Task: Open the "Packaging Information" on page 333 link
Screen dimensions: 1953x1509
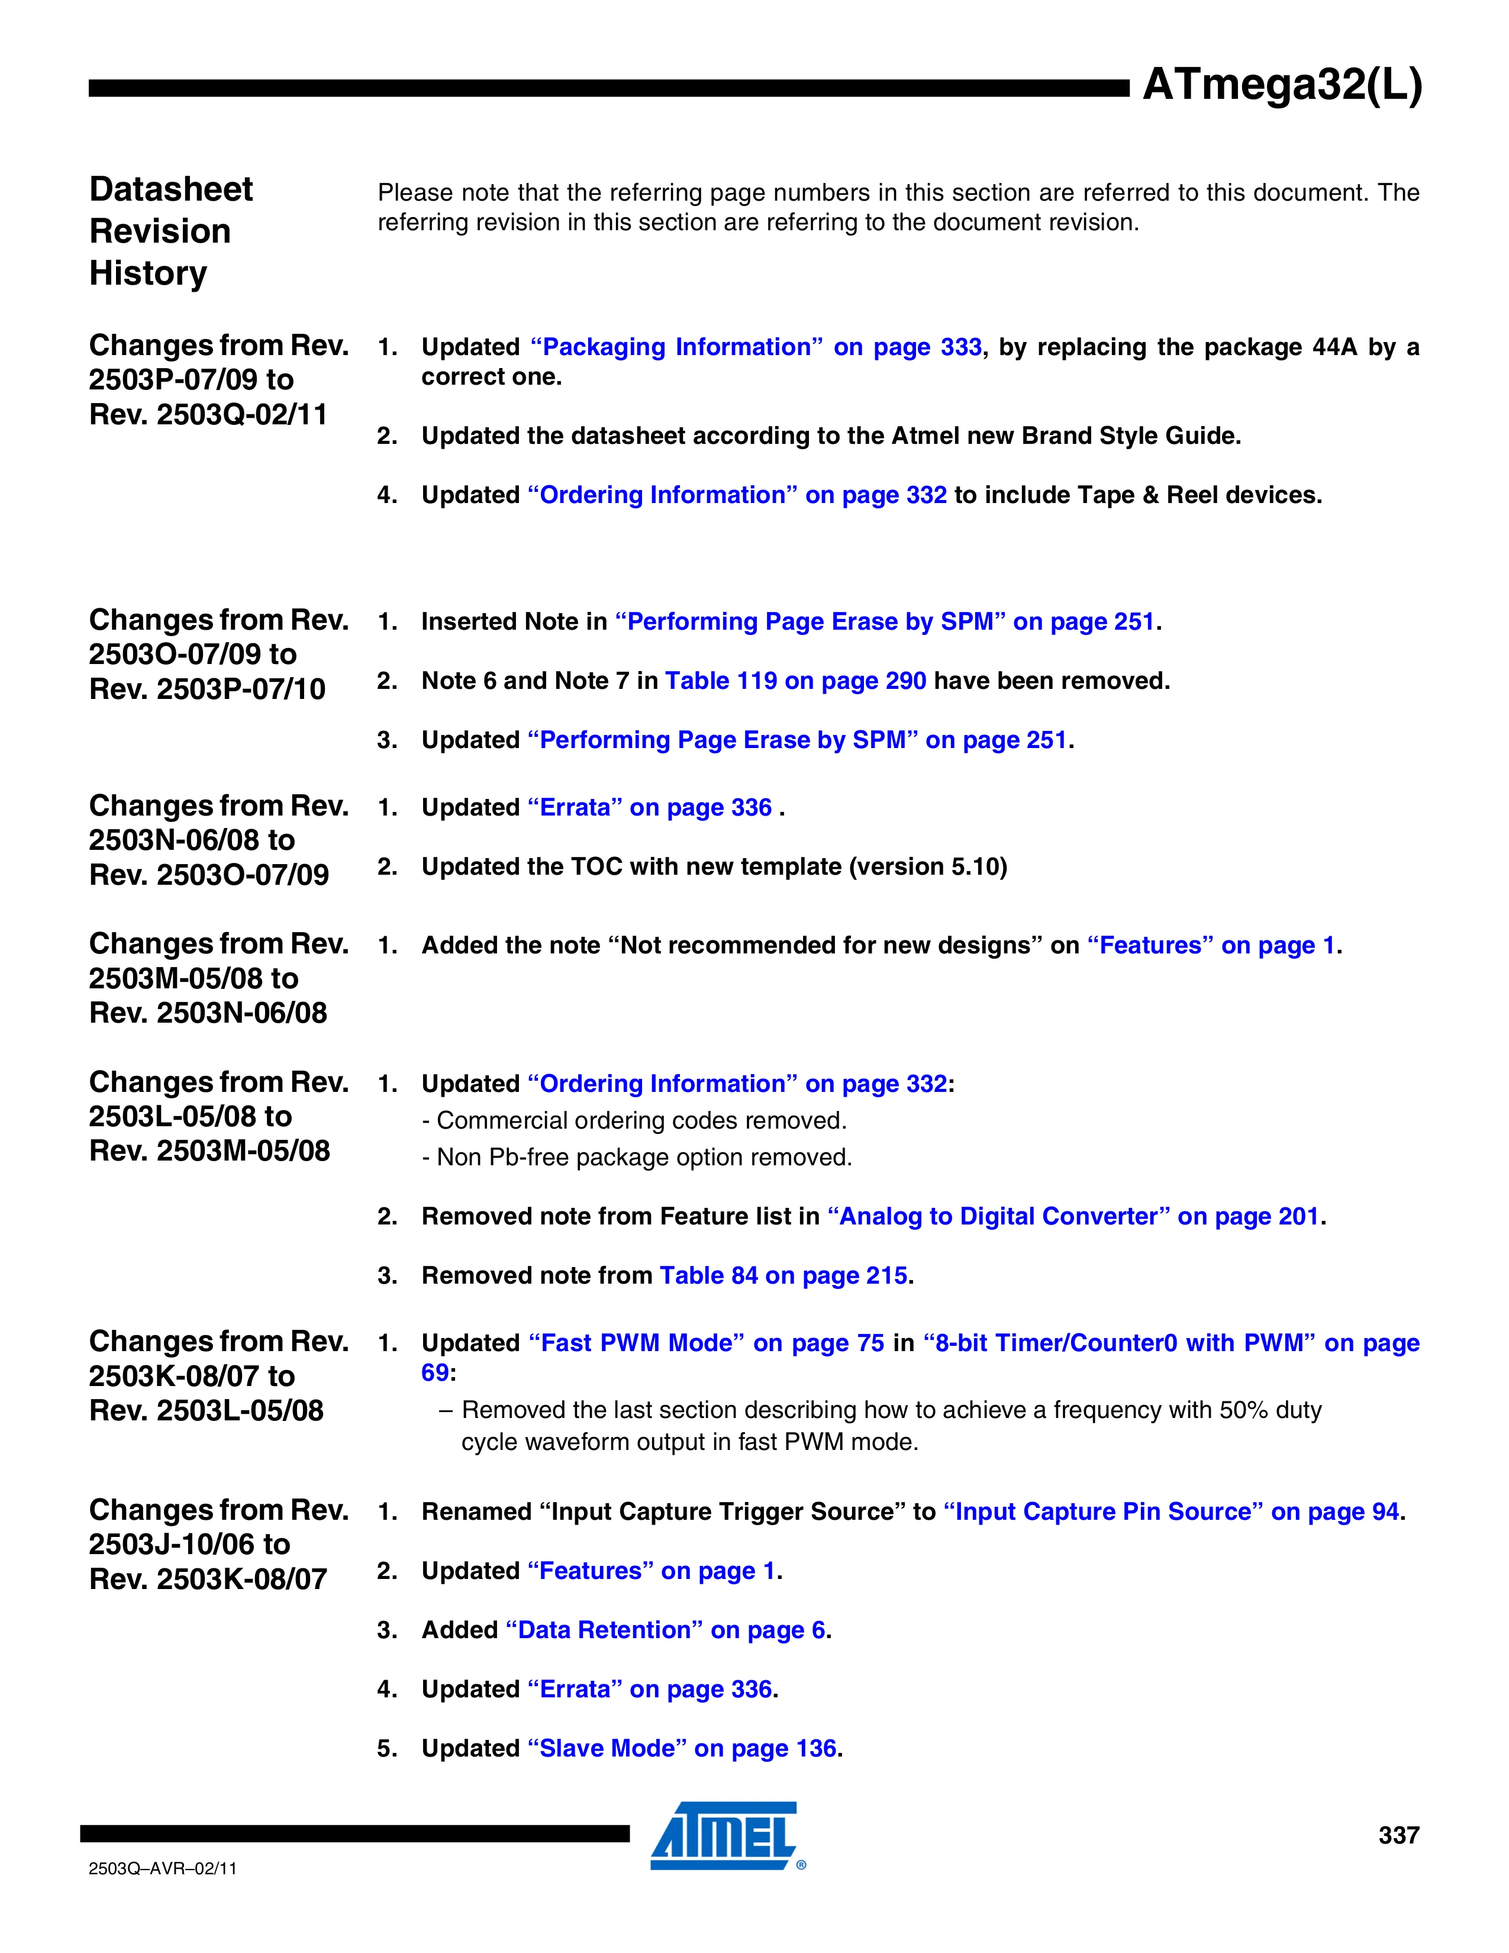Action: click(x=756, y=347)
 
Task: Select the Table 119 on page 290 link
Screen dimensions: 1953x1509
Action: click(x=795, y=681)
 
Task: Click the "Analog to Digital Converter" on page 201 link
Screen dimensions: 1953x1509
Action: click(x=1073, y=1216)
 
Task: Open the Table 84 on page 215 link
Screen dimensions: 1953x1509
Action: click(x=783, y=1275)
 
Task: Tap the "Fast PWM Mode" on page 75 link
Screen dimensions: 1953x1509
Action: click(x=705, y=1343)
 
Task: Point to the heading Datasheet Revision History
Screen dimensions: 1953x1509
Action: click(x=171, y=231)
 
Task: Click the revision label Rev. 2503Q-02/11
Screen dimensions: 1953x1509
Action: click(x=208, y=414)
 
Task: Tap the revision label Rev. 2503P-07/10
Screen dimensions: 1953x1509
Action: click(x=207, y=688)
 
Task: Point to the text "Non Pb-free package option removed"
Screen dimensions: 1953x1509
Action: click(x=644, y=1157)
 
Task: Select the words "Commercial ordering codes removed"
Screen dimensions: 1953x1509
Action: click(x=641, y=1120)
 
